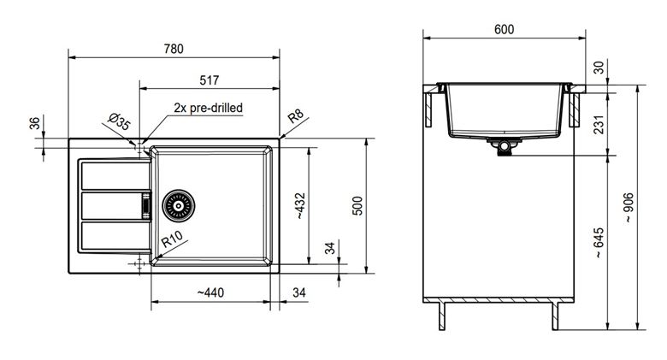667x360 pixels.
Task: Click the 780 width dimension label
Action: click(x=174, y=49)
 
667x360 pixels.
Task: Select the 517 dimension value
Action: click(x=210, y=80)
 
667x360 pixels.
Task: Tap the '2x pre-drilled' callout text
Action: click(x=209, y=108)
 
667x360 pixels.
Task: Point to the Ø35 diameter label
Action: click(x=119, y=121)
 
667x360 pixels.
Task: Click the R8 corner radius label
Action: click(x=296, y=115)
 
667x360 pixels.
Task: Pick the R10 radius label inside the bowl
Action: click(x=172, y=239)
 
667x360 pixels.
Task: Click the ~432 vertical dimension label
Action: click(x=300, y=206)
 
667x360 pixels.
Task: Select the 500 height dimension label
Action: click(x=357, y=206)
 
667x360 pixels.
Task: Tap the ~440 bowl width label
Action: click(x=210, y=292)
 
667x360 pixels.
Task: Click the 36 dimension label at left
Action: click(x=35, y=123)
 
